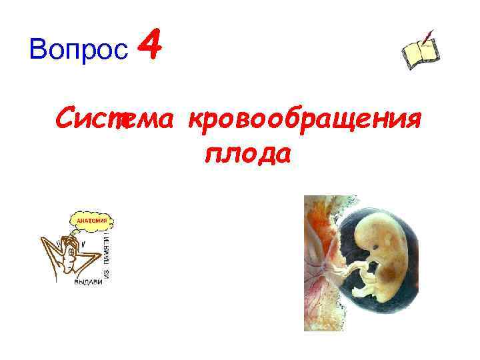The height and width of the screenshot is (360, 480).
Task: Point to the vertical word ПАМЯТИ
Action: (107, 248)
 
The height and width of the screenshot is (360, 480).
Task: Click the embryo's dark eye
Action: (378, 253)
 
